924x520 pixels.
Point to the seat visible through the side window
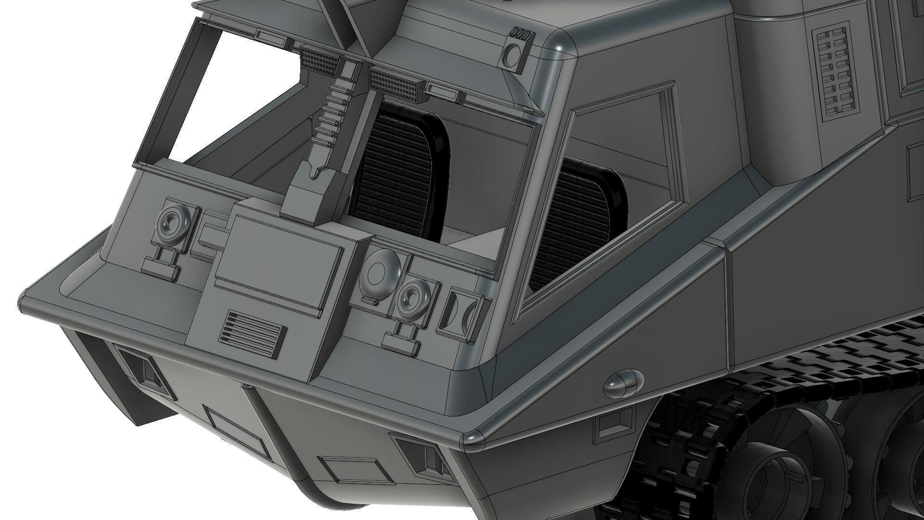pos(577,221)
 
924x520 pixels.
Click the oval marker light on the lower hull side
pos(624,383)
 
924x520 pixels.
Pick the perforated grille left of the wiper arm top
pos(320,61)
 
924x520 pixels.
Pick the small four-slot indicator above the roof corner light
pos(520,34)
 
